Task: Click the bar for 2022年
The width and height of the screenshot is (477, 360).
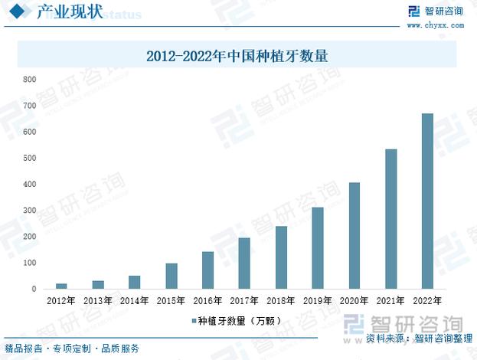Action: [x=427, y=201]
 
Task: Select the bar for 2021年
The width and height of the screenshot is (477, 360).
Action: [x=390, y=218]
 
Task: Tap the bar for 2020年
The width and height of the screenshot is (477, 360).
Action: [x=354, y=235]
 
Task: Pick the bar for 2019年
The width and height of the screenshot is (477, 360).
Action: [x=318, y=247]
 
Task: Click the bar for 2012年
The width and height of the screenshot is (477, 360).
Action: [x=61, y=286]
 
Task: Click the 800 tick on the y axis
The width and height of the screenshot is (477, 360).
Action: [x=30, y=80]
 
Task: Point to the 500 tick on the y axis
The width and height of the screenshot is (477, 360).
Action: [x=30, y=159]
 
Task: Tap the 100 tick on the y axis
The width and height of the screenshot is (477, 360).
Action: [x=30, y=263]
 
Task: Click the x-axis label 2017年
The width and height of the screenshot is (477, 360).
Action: [x=244, y=301]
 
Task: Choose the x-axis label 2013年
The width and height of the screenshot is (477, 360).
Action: [x=97, y=301]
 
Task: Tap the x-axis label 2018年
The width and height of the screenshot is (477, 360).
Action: [x=281, y=301]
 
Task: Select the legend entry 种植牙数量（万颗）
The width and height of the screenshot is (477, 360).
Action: [x=237, y=321]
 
